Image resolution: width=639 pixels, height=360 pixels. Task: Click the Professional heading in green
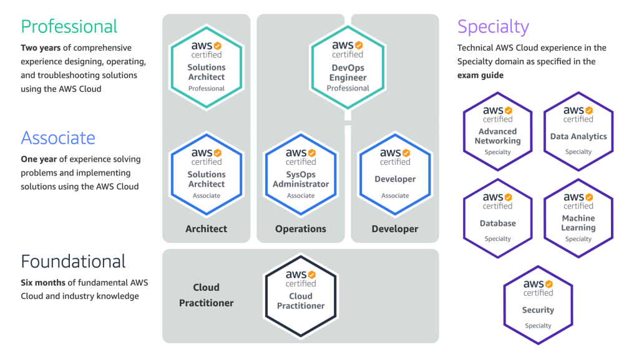pyautogui.click(x=69, y=26)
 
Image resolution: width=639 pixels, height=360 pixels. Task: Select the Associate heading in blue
pyautogui.click(x=58, y=138)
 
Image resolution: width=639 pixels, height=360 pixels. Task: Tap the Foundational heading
pyautogui.click(x=73, y=261)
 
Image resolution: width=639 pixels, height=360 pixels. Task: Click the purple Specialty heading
pyautogui.click(x=493, y=26)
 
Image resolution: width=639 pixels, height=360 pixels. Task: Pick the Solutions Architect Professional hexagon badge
pyautogui.click(x=207, y=66)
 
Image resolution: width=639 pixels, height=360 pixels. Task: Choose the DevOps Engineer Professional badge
pyautogui.click(x=348, y=66)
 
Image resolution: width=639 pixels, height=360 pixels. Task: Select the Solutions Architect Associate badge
pyautogui.click(x=207, y=173)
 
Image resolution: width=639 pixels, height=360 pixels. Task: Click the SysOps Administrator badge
pyautogui.click(x=301, y=173)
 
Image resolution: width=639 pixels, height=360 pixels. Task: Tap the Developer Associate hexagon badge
pyautogui.click(x=395, y=173)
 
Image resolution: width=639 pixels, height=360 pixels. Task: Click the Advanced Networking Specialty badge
pyautogui.click(x=497, y=130)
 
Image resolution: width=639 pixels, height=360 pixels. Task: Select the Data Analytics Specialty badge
pyautogui.click(x=578, y=130)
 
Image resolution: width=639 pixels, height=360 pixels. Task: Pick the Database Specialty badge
pyautogui.click(x=497, y=218)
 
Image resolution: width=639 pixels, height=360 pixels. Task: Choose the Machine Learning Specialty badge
pyautogui.click(x=578, y=218)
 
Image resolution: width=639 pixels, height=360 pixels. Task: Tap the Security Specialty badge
pyautogui.click(x=538, y=304)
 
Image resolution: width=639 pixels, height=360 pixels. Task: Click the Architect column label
pyautogui.click(x=207, y=229)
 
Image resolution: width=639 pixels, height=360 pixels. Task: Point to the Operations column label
pyautogui.click(x=301, y=229)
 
